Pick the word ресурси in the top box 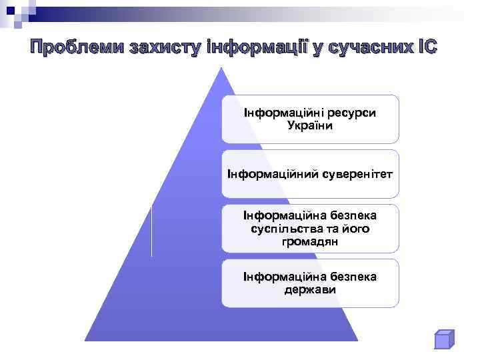click(x=349, y=113)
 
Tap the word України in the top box click(x=310, y=125)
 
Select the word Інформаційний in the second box click(x=265, y=174)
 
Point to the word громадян click(x=310, y=241)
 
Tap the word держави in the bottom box click(x=310, y=290)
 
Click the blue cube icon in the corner click(x=443, y=339)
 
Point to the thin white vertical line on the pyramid click(x=152, y=231)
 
